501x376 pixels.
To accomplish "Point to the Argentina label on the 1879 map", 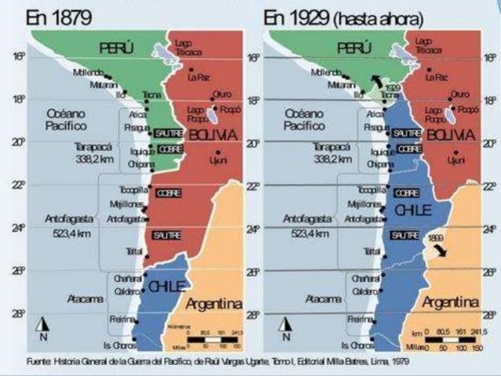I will pyautogui.click(x=213, y=302).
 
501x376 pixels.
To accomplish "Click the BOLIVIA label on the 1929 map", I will pyautogui.click(x=453, y=135).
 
